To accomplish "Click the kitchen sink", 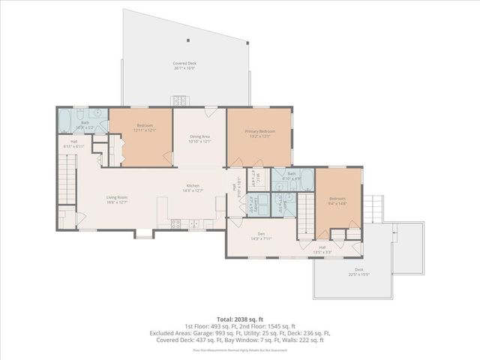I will (x=193, y=222).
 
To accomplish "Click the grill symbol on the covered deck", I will (x=180, y=100).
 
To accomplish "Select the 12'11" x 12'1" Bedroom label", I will (x=144, y=127).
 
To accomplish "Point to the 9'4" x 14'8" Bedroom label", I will (x=336, y=201).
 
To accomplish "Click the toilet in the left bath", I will (x=102, y=118).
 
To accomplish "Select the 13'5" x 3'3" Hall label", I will (x=322, y=250).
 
